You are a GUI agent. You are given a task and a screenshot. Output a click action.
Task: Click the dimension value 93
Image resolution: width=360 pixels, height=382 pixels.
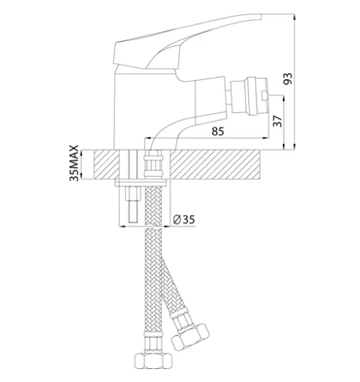[288, 79]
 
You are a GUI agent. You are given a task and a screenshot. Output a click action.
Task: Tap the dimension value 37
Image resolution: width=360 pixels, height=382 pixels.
[277, 121]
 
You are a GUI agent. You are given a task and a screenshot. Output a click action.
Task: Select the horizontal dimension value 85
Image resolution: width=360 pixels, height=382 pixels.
[217, 131]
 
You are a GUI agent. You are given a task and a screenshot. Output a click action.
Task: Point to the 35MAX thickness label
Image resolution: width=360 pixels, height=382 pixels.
[74, 163]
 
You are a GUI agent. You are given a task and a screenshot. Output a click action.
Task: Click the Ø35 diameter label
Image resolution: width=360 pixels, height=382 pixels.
[184, 220]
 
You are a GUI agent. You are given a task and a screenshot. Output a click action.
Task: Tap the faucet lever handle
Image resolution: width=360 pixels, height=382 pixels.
[187, 41]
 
